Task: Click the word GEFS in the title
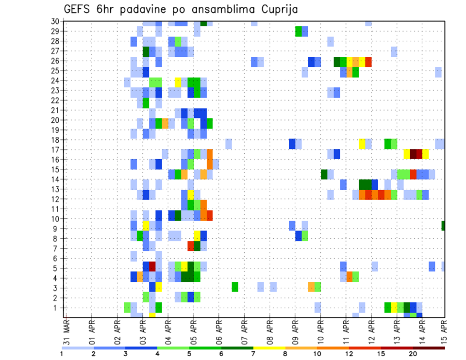tap(78, 9)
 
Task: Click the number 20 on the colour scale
tap(413, 353)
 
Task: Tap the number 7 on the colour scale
tap(253, 353)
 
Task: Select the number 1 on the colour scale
tap(62, 353)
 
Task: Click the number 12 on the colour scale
tap(349, 353)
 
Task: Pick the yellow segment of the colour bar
tap(269, 347)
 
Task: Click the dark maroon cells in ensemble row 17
tap(416, 154)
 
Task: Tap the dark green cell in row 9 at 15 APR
tap(443, 225)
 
